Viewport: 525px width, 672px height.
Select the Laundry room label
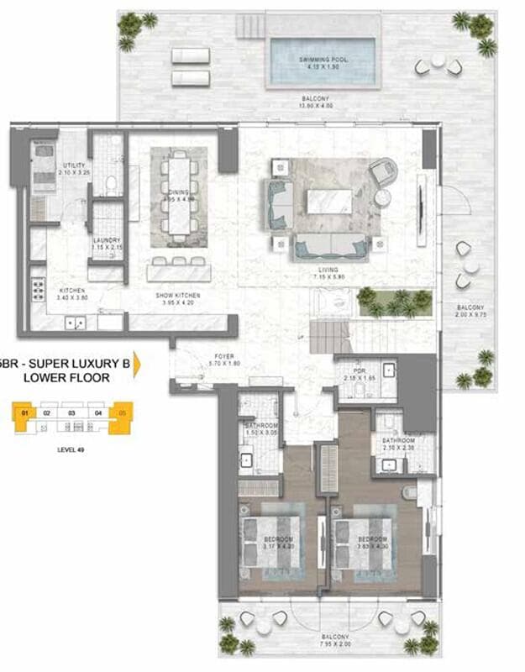point(107,244)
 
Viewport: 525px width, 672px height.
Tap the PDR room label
point(359,375)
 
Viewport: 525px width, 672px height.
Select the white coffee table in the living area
point(328,202)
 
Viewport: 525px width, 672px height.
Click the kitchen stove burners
point(38,290)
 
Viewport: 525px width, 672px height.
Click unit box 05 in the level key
point(123,412)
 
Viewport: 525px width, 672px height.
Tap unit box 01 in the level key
point(25,412)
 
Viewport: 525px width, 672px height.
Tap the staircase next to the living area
point(332,338)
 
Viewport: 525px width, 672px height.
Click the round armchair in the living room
point(383,171)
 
